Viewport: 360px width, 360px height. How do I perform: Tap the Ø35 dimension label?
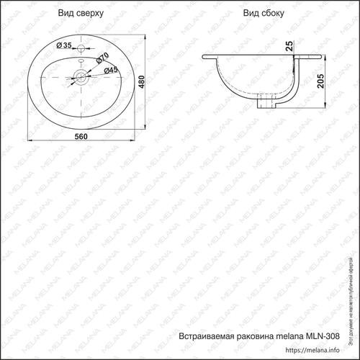tap(66, 45)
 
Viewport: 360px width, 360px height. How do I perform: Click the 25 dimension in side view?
tap(289, 47)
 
